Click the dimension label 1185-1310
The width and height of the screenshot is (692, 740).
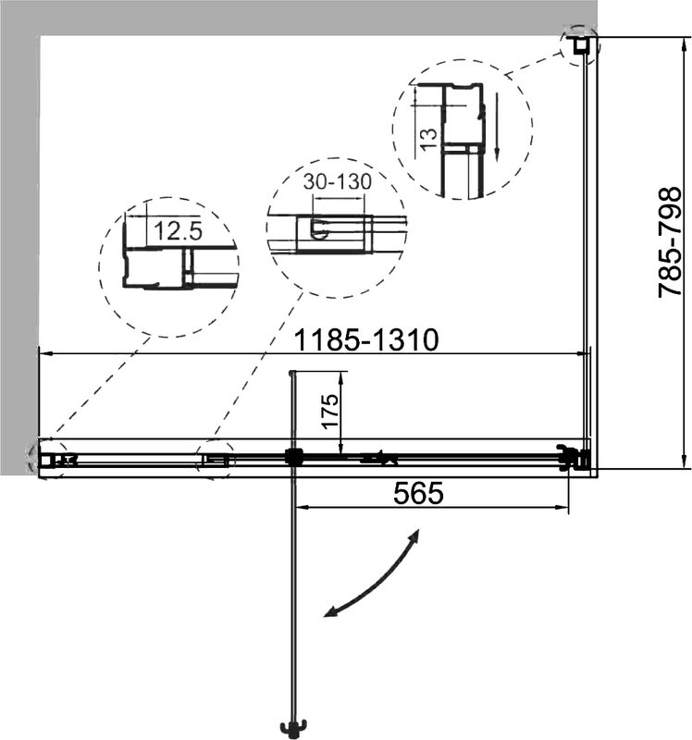click(x=365, y=339)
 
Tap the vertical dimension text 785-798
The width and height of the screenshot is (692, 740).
click(x=670, y=242)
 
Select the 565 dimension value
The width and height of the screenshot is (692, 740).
click(x=418, y=493)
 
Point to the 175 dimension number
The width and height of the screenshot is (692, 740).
click(x=331, y=411)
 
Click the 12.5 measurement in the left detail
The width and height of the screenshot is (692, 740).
click(x=178, y=230)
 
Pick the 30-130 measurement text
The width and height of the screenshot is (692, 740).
click(x=338, y=181)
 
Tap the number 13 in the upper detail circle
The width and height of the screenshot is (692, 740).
click(x=428, y=140)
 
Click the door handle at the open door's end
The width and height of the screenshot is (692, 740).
click(x=293, y=728)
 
